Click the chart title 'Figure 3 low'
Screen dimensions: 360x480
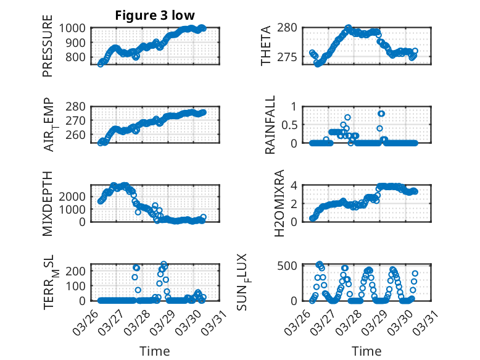click(155, 15)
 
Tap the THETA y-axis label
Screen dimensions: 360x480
click(266, 46)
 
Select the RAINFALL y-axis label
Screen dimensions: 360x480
click(270, 127)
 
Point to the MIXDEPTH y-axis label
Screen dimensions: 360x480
click(48, 204)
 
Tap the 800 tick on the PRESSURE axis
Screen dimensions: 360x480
click(78, 57)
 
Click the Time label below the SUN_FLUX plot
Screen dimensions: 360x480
click(366, 351)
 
